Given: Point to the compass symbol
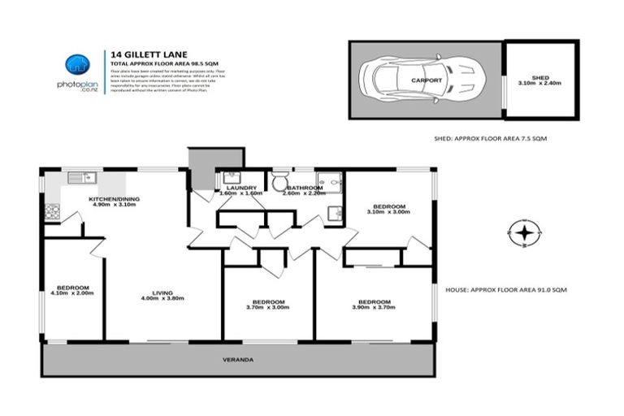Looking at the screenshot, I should point(526,235).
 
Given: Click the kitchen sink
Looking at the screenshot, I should point(81,177).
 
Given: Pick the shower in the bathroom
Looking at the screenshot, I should point(331,181).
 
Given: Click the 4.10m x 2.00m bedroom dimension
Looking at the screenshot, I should point(73,293).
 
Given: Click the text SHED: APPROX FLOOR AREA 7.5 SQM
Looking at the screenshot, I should point(491,140).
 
